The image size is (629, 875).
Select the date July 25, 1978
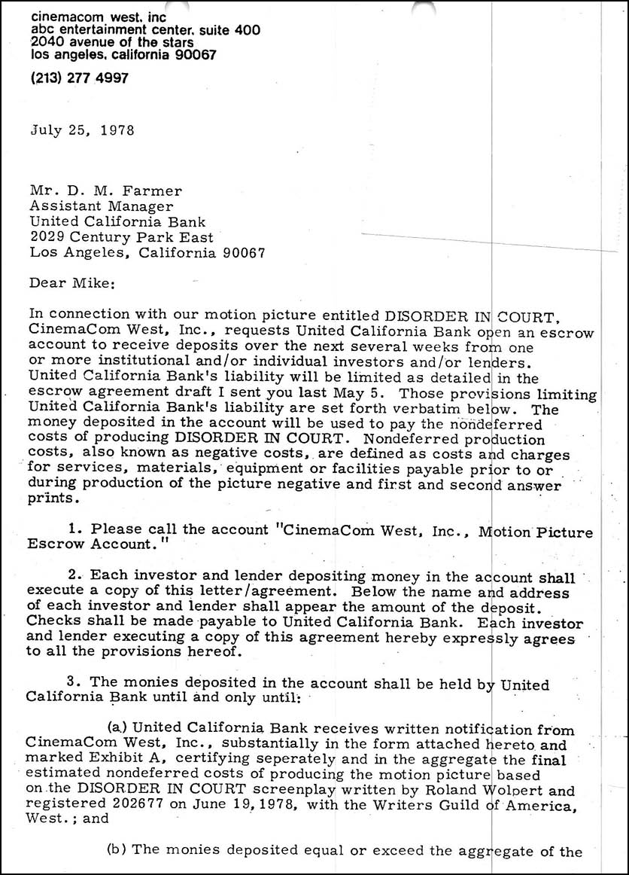point(82,130)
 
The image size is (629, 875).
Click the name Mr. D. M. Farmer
point(96,191)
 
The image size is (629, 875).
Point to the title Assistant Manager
point(101,206)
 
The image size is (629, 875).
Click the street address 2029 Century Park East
point(121,237)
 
